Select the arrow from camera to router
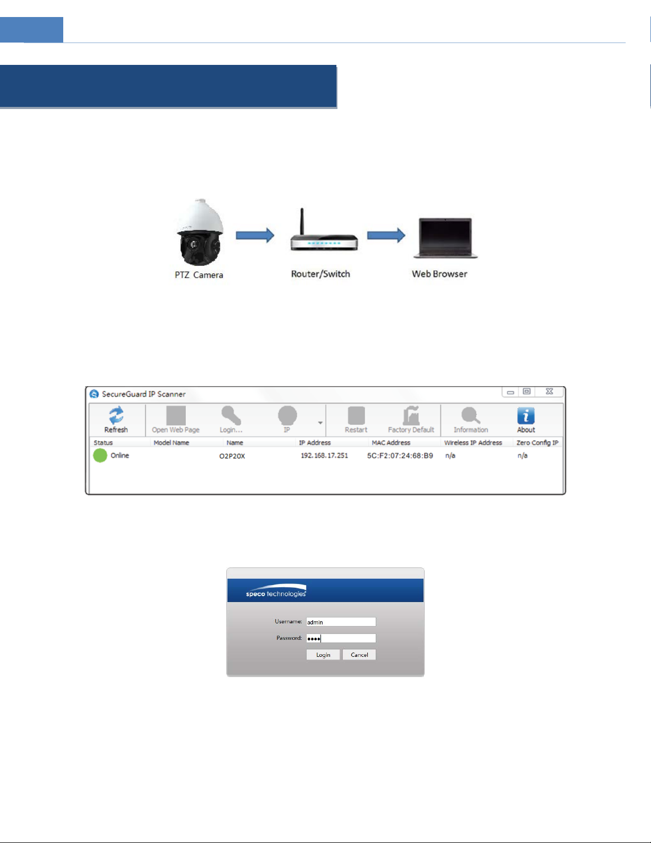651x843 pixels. coord(255,235)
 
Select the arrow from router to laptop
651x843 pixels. coord(386,235)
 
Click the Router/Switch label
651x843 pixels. coord(320,274)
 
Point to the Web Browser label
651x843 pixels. coord(439,274)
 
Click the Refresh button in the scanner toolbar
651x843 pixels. coord(116,420)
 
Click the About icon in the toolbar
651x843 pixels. coord(526,420)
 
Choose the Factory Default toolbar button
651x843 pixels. coord(411,420)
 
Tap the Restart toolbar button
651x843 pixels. coord(356,420)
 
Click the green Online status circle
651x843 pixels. coord(100,455)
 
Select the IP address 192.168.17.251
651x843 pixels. coord(324,456)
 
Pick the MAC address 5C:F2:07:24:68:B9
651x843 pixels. coord(400,456)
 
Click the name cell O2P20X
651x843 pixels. coord(232,456)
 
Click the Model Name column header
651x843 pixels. coord(171,443)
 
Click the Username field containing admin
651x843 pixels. coord(341,622)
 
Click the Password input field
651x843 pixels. coord(341,638)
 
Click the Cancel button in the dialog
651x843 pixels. coord(359,655)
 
